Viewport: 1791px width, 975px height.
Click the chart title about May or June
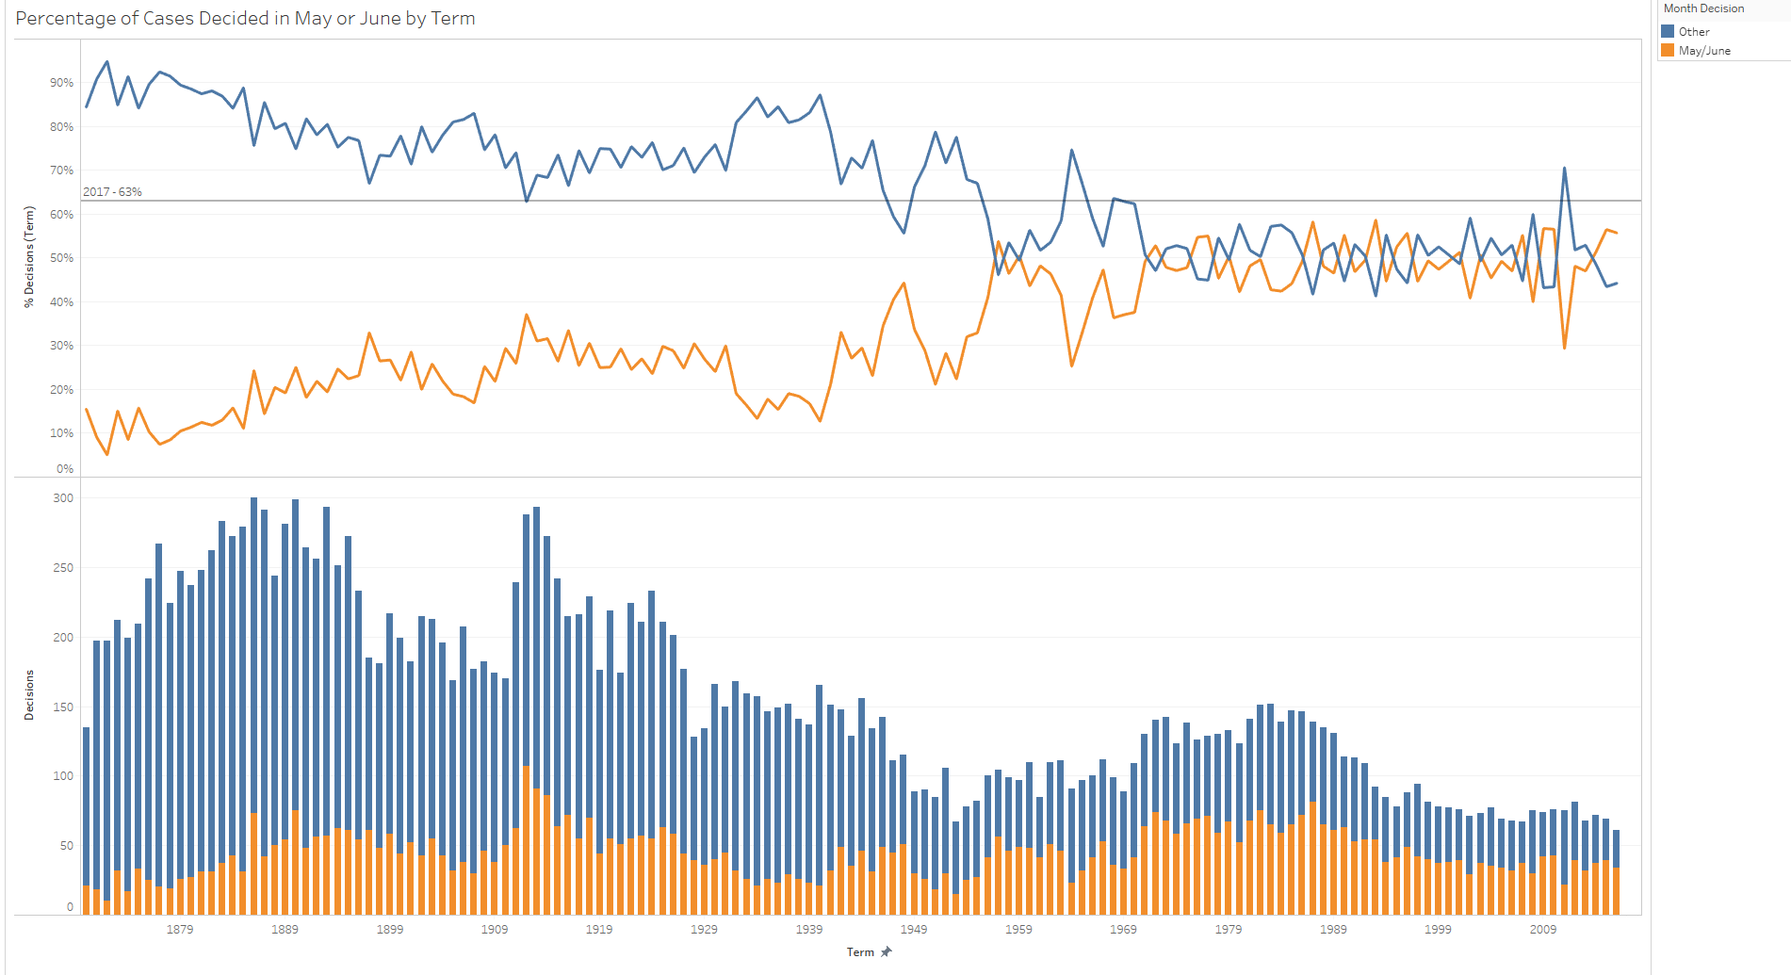245,19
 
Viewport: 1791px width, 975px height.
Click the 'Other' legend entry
1693,32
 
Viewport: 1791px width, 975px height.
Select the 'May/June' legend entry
1703,51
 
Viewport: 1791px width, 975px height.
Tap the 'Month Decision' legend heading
1703,8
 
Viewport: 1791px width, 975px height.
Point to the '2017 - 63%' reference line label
112,192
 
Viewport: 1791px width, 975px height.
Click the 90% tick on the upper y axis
62,83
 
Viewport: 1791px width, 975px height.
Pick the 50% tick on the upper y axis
62,258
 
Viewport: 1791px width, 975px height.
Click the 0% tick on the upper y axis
65,469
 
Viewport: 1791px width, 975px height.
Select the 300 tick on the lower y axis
63,498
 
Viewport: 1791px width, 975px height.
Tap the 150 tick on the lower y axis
63,707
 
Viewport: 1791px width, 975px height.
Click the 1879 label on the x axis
180,930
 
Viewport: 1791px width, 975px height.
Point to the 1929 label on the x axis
704,930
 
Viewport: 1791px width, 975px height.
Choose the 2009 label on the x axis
1542,930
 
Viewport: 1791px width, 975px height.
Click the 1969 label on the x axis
1123,930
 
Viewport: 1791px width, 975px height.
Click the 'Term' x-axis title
860,952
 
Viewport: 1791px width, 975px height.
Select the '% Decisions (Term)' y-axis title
29,256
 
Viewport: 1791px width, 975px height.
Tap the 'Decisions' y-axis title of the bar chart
29,695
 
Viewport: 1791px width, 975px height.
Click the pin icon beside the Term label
886,952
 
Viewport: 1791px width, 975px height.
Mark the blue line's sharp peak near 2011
1564,169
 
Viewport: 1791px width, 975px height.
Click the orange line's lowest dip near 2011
1564,348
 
